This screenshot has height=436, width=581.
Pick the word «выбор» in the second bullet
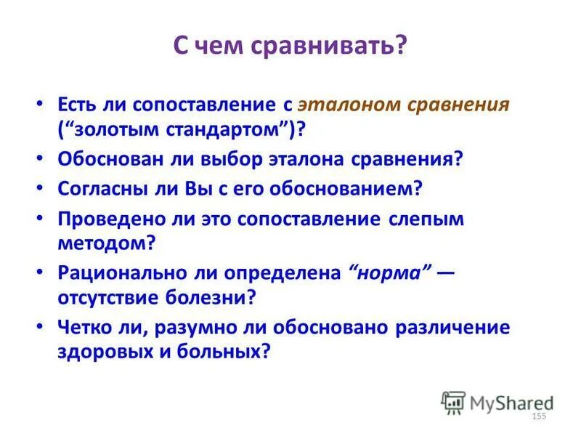click(232, 160)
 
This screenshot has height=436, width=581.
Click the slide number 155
click(539, 416)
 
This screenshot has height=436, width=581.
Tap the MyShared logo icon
click(452, 402)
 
